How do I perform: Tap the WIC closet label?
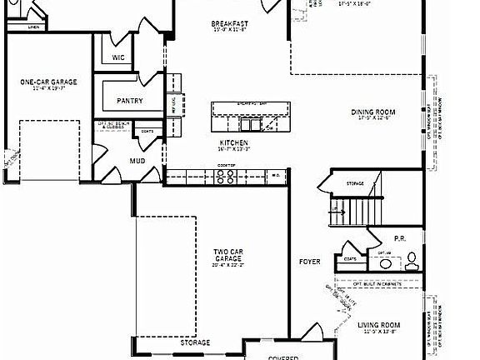pos(117,57)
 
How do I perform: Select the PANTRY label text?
pos(129,101)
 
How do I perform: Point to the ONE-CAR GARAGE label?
pos(48,82)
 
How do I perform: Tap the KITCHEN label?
pos(234,142)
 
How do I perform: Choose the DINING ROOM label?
pos(372,112)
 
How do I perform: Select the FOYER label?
pos(309,262)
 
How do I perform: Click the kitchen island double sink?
pos(251,125)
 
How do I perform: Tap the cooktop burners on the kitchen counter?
pos(227,175)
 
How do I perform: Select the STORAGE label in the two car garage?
pos(195,342)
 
